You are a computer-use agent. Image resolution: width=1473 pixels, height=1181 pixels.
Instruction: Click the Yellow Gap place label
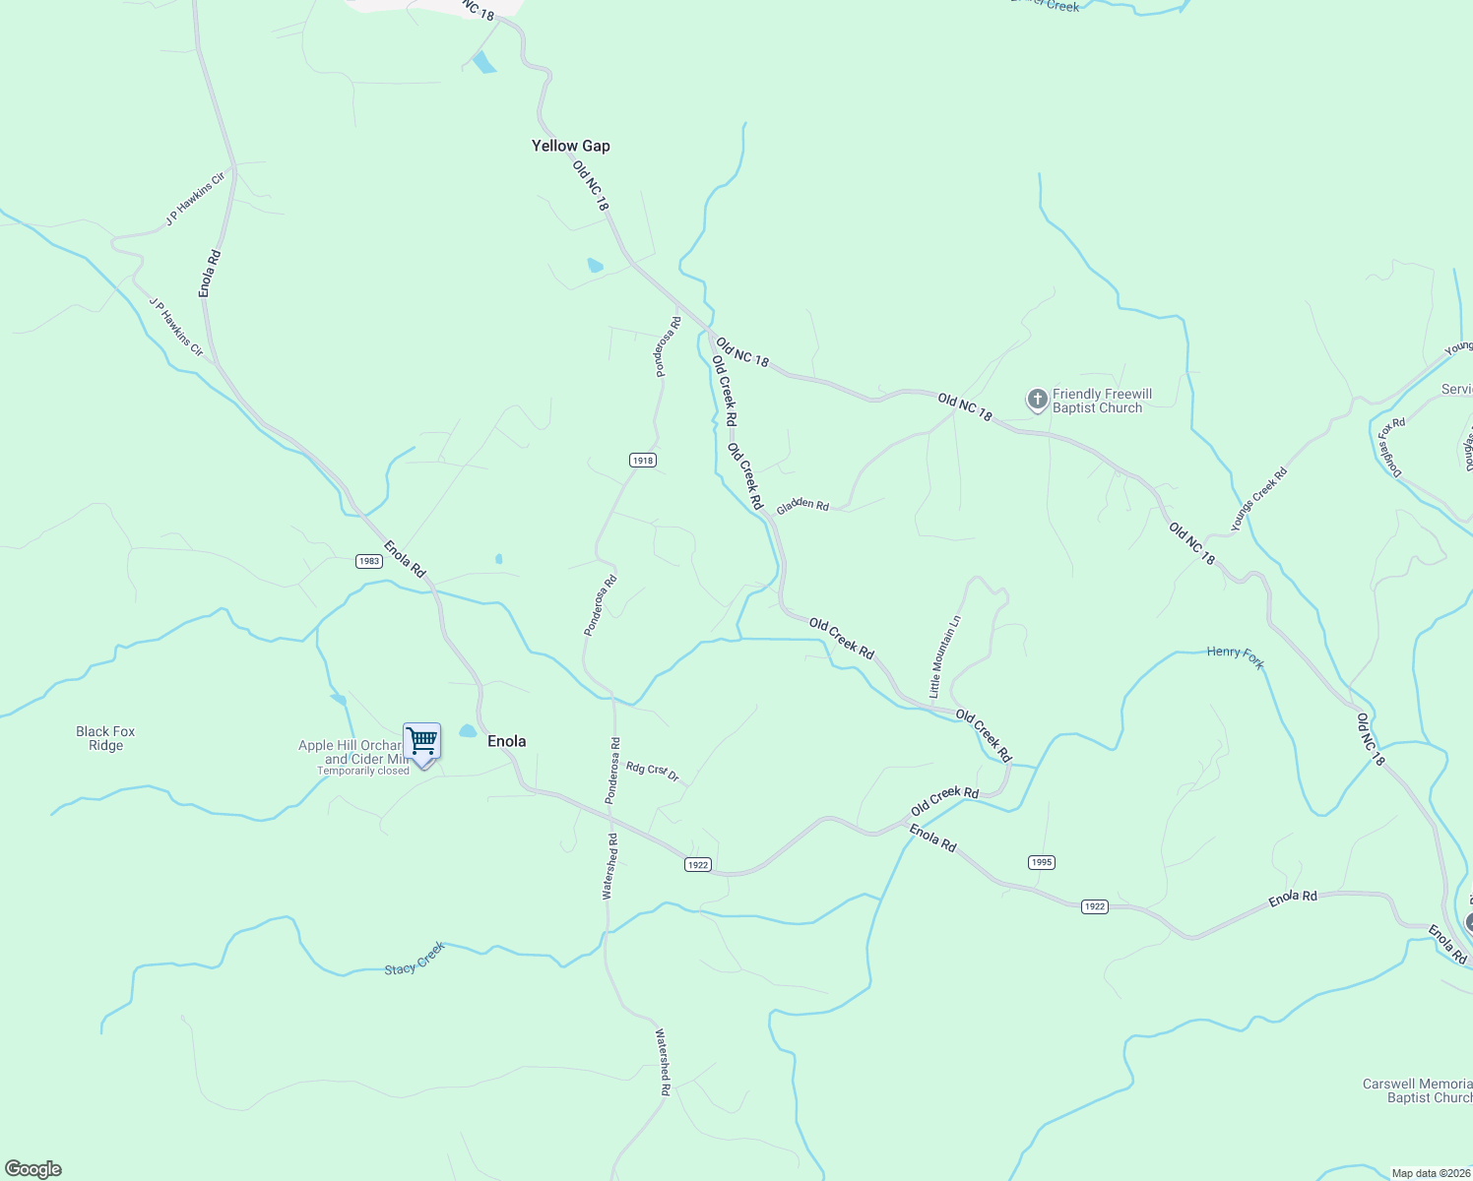coord(570,146)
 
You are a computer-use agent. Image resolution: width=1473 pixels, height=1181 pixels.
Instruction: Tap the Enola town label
coord(506,741)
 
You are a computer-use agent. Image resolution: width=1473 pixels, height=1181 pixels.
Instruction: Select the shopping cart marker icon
coord(421,741)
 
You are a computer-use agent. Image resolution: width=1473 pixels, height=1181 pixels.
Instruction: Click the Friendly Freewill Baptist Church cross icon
coord(1037,400)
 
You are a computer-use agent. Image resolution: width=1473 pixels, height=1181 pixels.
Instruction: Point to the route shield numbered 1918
coord(642,460)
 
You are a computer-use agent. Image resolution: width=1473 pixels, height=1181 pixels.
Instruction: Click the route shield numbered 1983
coord(368,561)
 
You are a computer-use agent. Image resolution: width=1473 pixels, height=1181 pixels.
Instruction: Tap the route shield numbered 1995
coord(1041,862)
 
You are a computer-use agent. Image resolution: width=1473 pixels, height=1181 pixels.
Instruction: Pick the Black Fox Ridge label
coord(105,738)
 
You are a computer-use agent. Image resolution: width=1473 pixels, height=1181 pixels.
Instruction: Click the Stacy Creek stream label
coord(415,958)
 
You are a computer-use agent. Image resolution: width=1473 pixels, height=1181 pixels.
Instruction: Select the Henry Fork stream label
coord(1235,656)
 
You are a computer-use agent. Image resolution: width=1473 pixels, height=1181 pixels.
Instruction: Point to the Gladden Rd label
coord(802,505)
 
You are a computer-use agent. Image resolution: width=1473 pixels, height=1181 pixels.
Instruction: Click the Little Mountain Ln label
coord(944,657)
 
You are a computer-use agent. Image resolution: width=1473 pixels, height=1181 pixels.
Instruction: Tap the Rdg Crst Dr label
coord(653,771)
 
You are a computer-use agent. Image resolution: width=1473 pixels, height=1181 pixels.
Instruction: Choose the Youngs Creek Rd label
coord(1258,500)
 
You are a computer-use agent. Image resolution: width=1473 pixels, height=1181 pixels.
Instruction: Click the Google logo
coord(32,1169)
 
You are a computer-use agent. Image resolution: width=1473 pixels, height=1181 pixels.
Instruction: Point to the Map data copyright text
coord(1430,1173)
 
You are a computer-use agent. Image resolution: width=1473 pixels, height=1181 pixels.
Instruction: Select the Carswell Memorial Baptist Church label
coord(1417,1090)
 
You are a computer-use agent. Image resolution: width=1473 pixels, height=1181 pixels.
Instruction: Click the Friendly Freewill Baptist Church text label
coord(1102,401)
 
